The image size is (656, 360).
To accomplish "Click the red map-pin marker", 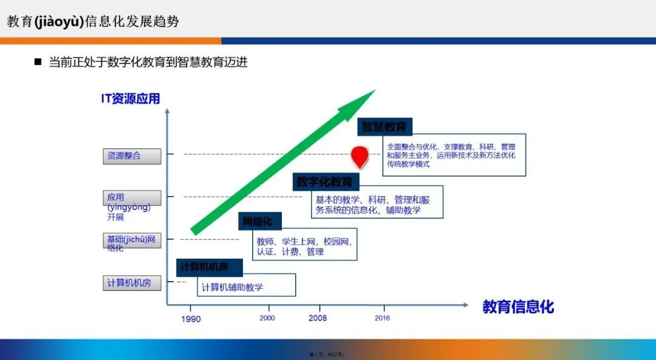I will (x=360, y=155).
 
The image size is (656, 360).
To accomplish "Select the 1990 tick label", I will (x=190, y=319).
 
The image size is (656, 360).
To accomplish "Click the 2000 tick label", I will (x=267, y=318).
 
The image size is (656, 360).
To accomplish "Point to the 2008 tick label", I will (x=317, y=318).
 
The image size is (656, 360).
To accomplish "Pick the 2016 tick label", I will (x=382, y=318).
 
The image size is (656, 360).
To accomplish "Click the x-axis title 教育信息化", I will (x=518, y=307).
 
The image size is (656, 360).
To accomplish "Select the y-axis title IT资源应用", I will (x=131, y=98).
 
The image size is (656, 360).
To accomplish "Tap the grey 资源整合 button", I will (x=132, y=156).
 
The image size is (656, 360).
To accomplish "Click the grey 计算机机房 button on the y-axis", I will (x=132, y=283).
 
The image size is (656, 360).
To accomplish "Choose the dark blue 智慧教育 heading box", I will (x=384, y=127).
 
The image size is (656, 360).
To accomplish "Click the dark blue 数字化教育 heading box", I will (x=326, y=182).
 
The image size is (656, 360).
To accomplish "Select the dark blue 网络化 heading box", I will (x=258, y=222).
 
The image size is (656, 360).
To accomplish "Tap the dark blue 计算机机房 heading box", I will (x=210, y=267).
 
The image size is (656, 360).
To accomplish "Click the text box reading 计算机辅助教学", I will (x=246, y=285).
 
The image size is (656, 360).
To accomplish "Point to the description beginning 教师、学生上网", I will (x=304, y=245).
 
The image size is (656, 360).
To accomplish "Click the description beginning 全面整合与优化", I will (x=454, y=155).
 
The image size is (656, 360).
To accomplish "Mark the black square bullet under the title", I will (x=38, y=62).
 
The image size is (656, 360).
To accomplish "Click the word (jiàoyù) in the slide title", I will (x=58, y=22).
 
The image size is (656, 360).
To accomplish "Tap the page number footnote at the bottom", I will (x=327, y=355).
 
